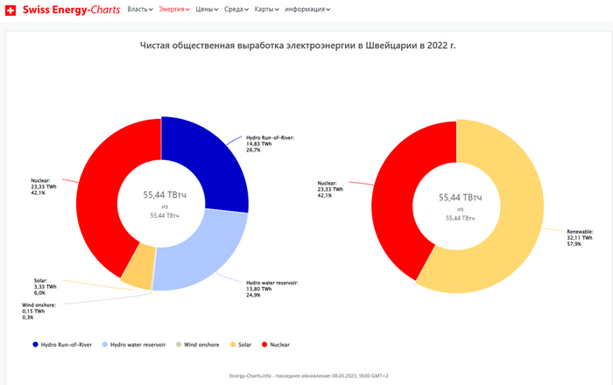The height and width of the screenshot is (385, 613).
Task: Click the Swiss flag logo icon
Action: tap(11, 10)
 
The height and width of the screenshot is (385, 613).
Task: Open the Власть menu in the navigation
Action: tap(140, 9)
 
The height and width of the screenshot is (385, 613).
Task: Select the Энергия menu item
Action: tap(173, 9)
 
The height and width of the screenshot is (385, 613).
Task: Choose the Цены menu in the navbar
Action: tap(208, 9)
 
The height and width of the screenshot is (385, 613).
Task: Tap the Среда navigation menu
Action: tap(236, 9)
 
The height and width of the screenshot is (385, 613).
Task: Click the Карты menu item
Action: tap(267, 9)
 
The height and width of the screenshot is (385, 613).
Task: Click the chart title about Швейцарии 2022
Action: tap(298, 45)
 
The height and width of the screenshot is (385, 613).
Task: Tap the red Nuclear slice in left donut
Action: tap(105, 192)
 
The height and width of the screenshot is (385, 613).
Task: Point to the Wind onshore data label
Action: tap(40, 309)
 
